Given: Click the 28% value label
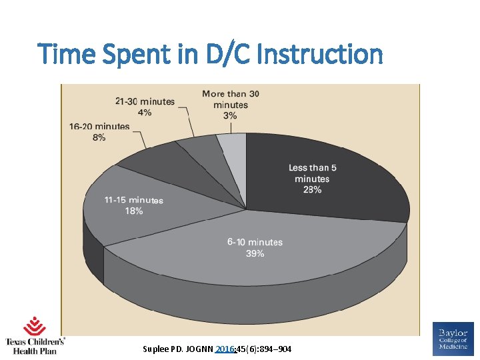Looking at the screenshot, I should click(x=312, y=190).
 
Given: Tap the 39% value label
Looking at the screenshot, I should click(x=255, y=254).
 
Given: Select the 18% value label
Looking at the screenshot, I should click(x=133, y=211).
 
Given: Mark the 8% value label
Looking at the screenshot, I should click(x=99, y=137).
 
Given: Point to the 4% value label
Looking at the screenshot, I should click(x=145, y=112).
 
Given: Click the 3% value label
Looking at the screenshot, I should click(x=230, y=115).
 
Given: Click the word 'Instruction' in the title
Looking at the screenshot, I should click(x=319, y=54).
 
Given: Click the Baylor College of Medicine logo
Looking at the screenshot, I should click(x=453, y=337).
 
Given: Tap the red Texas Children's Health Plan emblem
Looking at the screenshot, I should click(x=35, y=327).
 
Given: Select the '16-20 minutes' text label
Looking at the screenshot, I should click(x=99, y=127).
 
